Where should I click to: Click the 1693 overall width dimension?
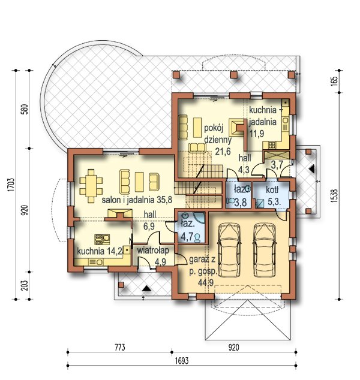point(181,361)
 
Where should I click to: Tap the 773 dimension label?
point(120,348)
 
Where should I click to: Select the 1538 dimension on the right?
point(334,196)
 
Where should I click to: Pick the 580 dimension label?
point(25,109)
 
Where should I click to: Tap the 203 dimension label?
point(25,285)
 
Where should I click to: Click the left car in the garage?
point(229,250)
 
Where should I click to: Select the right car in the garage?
point(265,250)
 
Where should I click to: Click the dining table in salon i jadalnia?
point(91,186)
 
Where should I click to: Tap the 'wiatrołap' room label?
point(153,251)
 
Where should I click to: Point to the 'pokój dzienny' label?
point(218,134)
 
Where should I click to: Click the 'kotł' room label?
point(272,190)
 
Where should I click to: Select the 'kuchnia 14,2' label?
point(100,251)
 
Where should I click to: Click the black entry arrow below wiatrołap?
point(146,288)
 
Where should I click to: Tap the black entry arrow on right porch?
point(312,168)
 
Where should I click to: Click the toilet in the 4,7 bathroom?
point(197,237)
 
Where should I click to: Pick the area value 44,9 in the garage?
point(206,282)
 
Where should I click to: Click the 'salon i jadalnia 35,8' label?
point(137,200)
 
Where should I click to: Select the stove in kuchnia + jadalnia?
point(272,145)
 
